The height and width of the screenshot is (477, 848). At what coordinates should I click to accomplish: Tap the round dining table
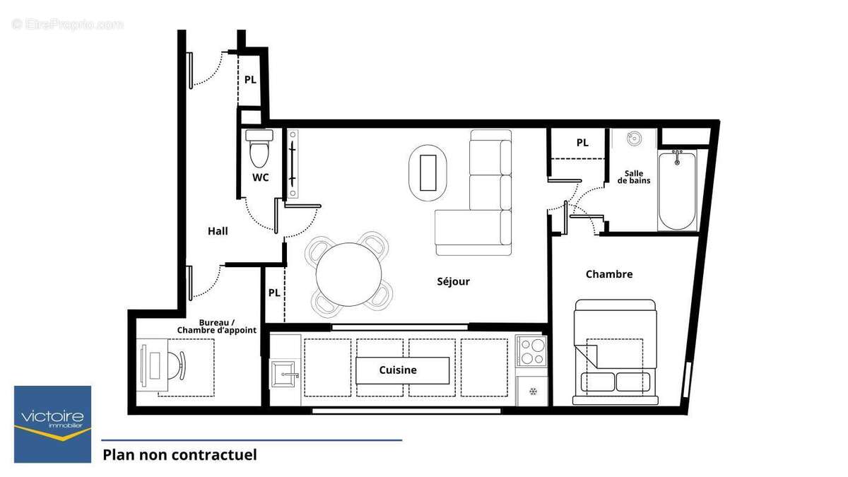pyautogui.click(x=348, y=273)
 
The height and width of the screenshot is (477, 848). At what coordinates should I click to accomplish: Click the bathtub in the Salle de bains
pyautogui.click(x=677, y=189)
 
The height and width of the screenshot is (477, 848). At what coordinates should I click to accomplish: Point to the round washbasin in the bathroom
pyautogui.click(x=634, y=139)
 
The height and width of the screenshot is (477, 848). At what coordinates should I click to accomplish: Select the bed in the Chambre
pyautogui.click(x=615, y=352)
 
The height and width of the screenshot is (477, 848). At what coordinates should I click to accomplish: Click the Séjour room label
pyautogui.click(x=453, y=281)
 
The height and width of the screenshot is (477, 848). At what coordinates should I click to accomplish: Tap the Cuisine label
pyautogui.click(x=398, y=370)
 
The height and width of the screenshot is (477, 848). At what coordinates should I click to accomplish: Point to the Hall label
pyautogui.click(x=218, y=231)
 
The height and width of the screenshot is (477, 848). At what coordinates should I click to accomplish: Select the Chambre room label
pyautogui.click(x=608, y=274)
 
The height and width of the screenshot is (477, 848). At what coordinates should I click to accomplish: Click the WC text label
pyautogui.click(x=261, y=177)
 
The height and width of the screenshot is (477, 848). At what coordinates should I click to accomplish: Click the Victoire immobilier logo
pyautogui.click(x=53, y=424)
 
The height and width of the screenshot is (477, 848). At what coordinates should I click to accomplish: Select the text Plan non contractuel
pyautogui.click(x=179, y=454)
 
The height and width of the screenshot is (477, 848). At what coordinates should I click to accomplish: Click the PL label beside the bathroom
pyautogui.click(x=582, y=143)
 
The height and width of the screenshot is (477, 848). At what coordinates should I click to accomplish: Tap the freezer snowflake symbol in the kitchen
pyautogui.click(x=533, y=391)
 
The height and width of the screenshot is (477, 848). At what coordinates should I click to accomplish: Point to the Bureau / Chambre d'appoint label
pyautogui.click(x=216, y=326)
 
